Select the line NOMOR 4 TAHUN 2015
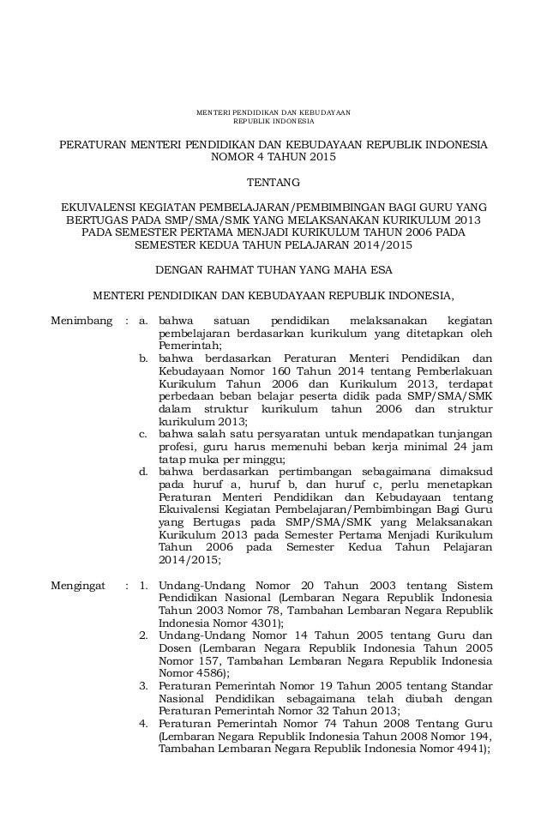click(273, 158)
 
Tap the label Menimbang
click(83, 322)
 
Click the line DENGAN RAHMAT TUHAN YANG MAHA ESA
click(273, 270)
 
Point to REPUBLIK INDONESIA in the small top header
click(273, 121)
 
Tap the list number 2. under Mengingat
click(143, 635)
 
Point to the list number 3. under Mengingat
click(143, 685)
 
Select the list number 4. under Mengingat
click(143, 723)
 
